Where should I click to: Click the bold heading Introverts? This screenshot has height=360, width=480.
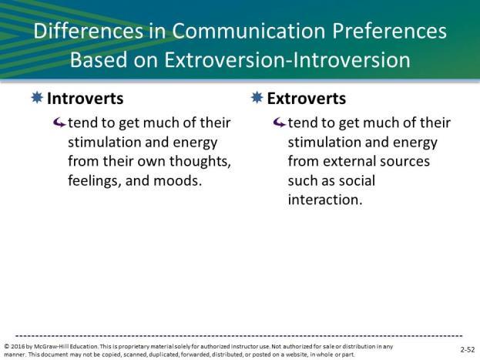(85, 99)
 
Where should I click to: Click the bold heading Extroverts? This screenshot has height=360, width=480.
(307, 99)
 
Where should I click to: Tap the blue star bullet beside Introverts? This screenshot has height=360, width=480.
(37, 97)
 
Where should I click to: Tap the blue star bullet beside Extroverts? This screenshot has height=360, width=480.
(257, 97)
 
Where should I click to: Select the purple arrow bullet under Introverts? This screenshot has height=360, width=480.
(59, 123)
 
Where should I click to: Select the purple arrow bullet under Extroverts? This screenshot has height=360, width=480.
(279, 123)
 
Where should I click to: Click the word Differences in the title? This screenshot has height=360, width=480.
(89, 31)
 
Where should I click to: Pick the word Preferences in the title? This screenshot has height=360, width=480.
(390, 31)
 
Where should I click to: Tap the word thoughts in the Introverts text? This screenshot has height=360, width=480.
(200, 161)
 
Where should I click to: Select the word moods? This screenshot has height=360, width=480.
(177, 180)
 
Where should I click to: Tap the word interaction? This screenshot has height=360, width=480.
(325, 200)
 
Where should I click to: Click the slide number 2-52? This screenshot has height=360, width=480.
(468, 349)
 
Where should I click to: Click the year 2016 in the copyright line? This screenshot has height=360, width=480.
(18, 347)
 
